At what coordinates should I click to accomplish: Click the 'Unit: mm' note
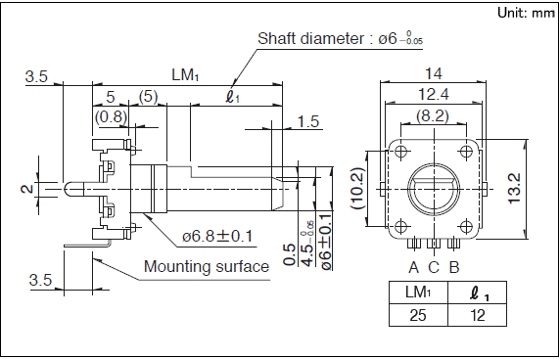(x=526, y=13)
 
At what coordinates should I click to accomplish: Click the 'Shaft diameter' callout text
(x=310, y=38)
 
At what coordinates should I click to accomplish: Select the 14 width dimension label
(x=433, y=73)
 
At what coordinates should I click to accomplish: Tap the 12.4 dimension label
(x=433, y=94)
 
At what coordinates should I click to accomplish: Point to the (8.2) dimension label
(x=432, y=116)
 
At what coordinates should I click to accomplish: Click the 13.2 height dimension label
(x=515, y=188)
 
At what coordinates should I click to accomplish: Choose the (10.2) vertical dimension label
(x=357, y=188)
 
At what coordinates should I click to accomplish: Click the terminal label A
(x=413, y=267)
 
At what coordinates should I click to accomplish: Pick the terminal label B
(x=454, y=267)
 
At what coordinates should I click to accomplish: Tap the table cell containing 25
(x=418, y=315)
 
